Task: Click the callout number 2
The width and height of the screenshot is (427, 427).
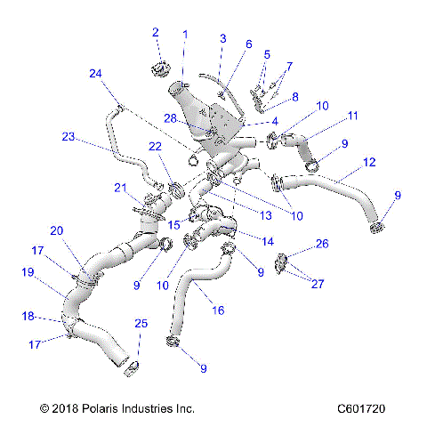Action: [155, 33]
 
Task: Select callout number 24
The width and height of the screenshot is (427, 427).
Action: [96, 74]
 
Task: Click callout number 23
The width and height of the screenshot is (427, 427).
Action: [68, 137]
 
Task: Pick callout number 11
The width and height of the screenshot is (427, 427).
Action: [352, 116]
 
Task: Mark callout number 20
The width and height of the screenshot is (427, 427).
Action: [56, 230]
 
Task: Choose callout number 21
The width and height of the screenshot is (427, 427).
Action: [121, 187]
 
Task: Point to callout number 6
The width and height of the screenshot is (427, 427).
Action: [248, 44]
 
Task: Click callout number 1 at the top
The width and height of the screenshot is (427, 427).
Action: [185, 34]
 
